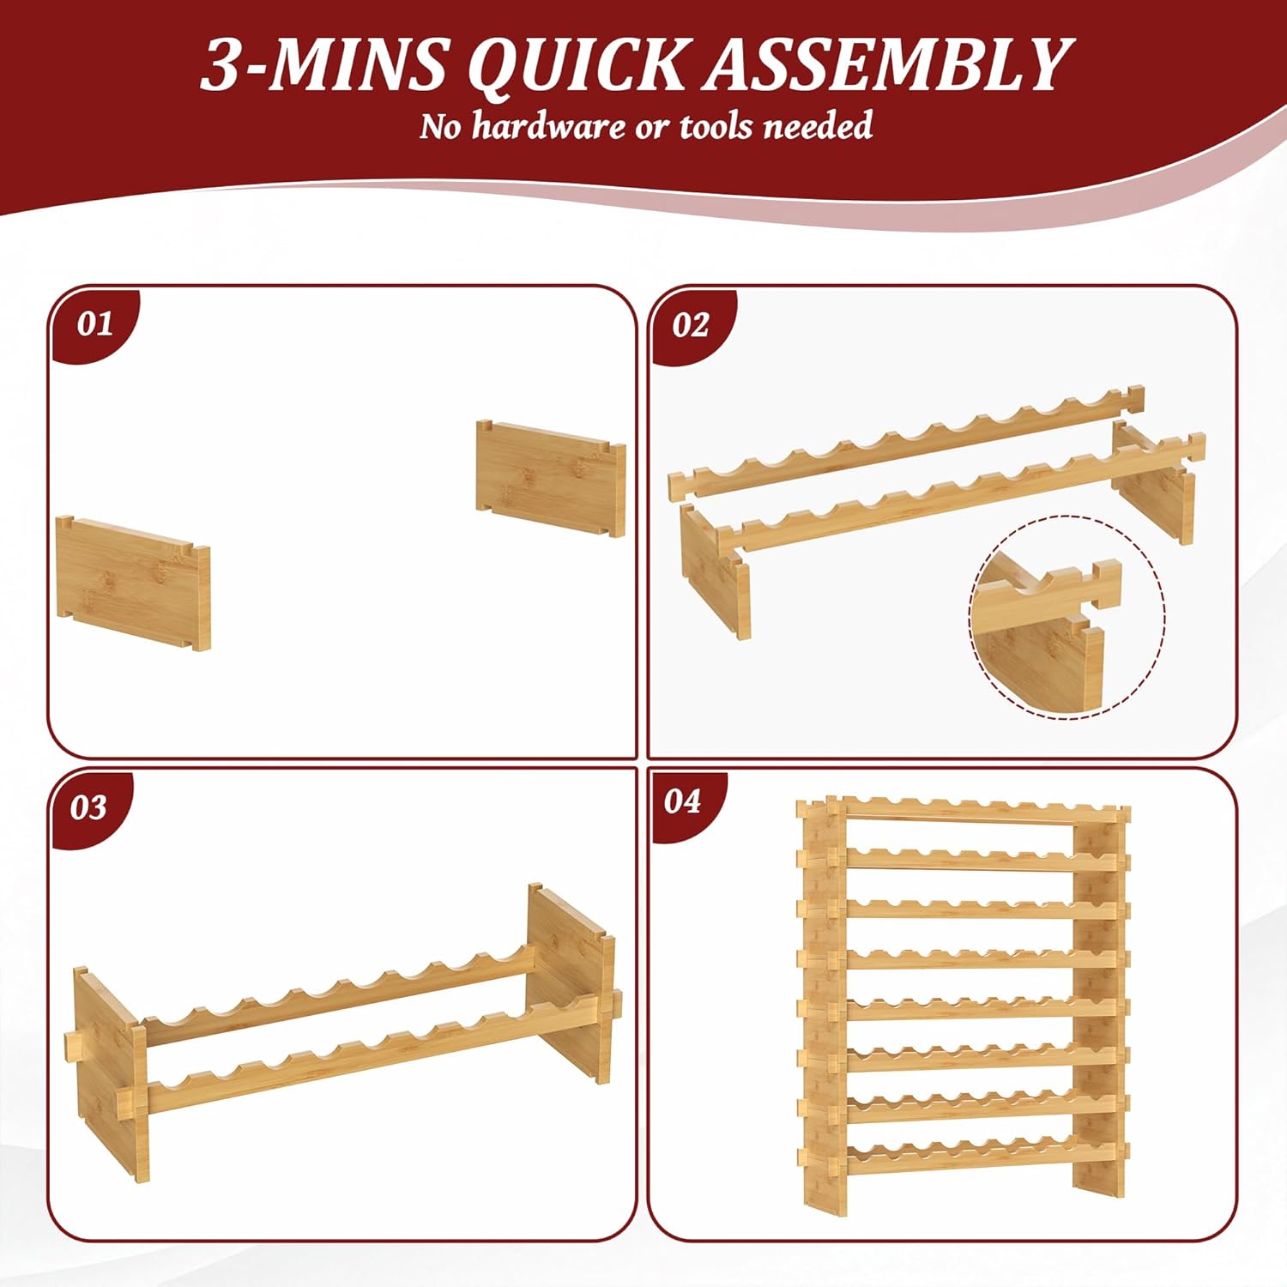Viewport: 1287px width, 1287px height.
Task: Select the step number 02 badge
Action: pos(692,325)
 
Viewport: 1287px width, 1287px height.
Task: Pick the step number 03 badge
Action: pos(89,807)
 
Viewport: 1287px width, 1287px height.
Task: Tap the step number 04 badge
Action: pos(684,802)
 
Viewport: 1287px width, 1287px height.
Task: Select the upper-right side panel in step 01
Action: pos(551,477)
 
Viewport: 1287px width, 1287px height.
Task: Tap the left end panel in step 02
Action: pos(715,570)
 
